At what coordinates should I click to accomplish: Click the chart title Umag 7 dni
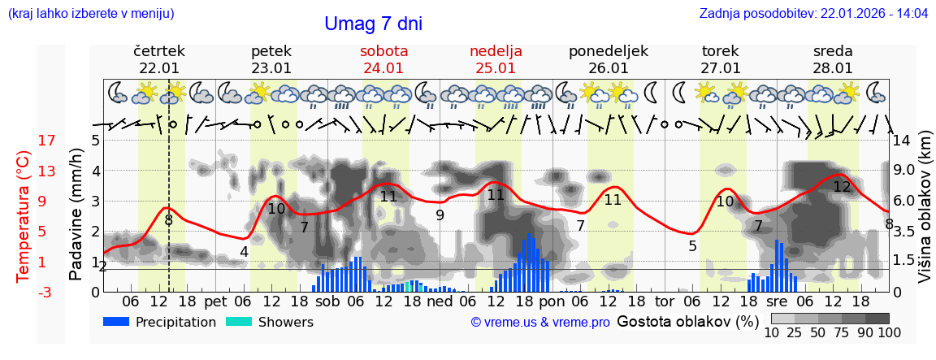(x=373, y=24)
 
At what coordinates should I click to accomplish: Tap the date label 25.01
(x=496, y=68)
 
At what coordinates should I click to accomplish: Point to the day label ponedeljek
(x=609, y=51)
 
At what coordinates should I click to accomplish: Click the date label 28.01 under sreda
(x=833, y=68)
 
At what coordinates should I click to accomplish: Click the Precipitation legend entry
(x=159, y=322)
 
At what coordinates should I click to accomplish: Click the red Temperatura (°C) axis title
(x=23, y=215)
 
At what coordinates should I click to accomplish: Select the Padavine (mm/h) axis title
(x=76, y=215)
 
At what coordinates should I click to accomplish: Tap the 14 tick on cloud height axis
(x=901, y=141)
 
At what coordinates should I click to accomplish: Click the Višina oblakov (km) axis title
(x=925, y=215)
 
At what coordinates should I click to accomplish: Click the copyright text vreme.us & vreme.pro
(x=540, y=322)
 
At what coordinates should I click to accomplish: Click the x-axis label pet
(x=215, y=301)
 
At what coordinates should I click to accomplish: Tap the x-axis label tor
(x=665, y=301)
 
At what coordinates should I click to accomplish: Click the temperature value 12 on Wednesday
(x=842, y=187)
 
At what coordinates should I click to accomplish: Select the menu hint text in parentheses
(x=91, y=13)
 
